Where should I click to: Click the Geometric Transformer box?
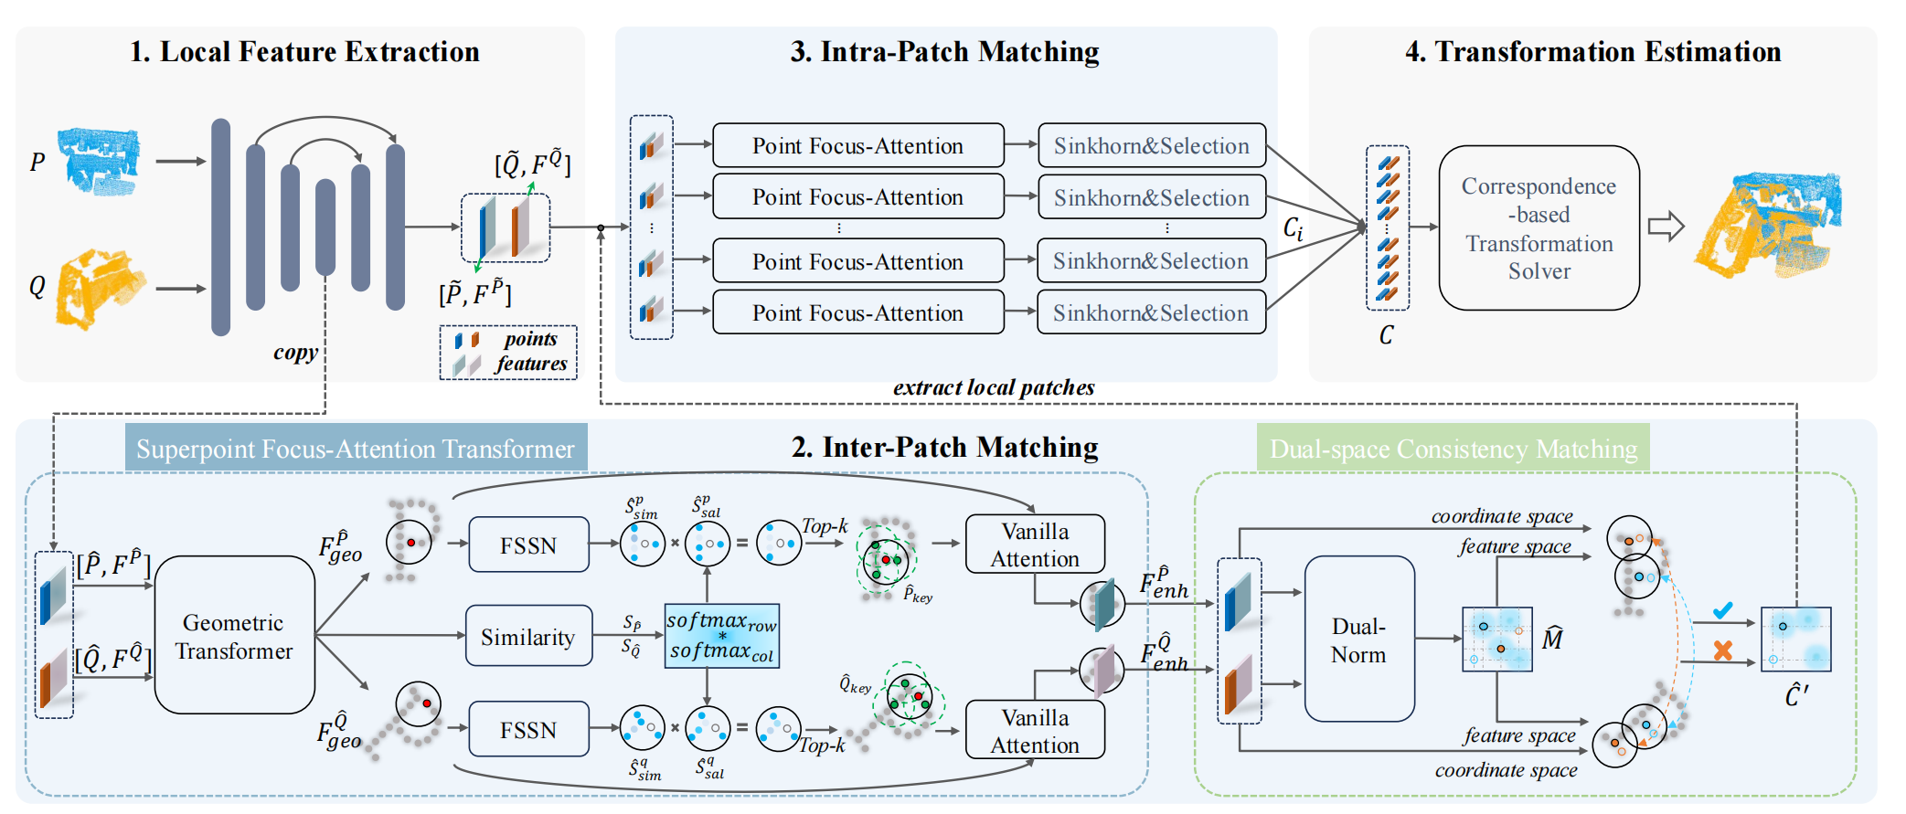click(234, 636)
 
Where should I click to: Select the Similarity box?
click(528, 636)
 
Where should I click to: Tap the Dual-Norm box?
click(1358, 640)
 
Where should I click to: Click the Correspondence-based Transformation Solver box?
click(1539, 228)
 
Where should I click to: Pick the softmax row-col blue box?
click(721, 636)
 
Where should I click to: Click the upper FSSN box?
click(528, 545)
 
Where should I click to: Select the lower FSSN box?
click(528, 729)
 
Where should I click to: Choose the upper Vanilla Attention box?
click(1035, 544)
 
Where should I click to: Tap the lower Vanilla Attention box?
click(1035, 730)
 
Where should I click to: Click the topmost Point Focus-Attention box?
click(857, 145)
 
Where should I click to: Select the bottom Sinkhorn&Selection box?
click(1151, 312)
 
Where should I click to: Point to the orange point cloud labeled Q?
click(98, 288)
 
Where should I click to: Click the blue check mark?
click(1722, 610)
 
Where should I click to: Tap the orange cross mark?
click(1722, 650)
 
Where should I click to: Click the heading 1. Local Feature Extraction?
click(304, 52)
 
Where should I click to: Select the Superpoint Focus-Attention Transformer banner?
click(356, 449)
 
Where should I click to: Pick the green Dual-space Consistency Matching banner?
click(1453, 449)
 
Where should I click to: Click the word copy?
click(295, 353)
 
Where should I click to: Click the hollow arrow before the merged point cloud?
click(1666, 227)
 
